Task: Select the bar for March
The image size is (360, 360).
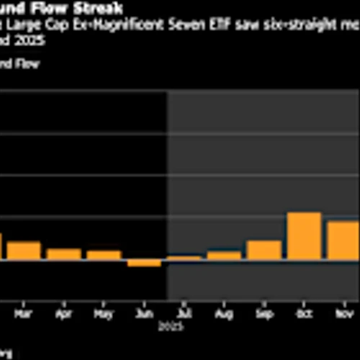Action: pyautogui.click(x=24, y=251)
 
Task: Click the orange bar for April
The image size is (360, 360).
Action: pyautogui.click(x=64, y=254)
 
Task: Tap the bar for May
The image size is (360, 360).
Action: pyautogui.click(x=104, y=255)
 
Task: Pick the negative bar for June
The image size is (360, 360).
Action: pyautogui.click(x=144, y=263)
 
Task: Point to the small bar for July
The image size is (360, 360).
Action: pyautogui.click(x=184, y=258)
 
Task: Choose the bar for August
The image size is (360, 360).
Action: pyautogui.click(x=224, y=256)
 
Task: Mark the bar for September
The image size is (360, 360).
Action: pyautogui.click(x=264, y=250)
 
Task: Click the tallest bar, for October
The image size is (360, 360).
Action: pyautogui.click(x=304, y=236)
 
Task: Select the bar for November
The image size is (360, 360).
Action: pyautogui.click(x=343, y=240)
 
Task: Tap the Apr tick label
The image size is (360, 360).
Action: pyautogui.click(x=64, y=315)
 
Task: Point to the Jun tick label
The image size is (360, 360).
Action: pyautogui.click(x=144, y=315)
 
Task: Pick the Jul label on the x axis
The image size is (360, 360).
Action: pyautogui.click(x=184, y=315)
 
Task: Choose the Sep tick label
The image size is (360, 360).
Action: pyautogui.click(x=264, y=315)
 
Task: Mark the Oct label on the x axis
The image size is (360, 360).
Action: pyautogui.click(x=304, y=315)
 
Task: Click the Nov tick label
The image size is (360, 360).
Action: pyautogui.click(x=343, y=315)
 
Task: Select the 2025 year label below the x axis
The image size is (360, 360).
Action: pyautogui.click(x=184, y=325)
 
